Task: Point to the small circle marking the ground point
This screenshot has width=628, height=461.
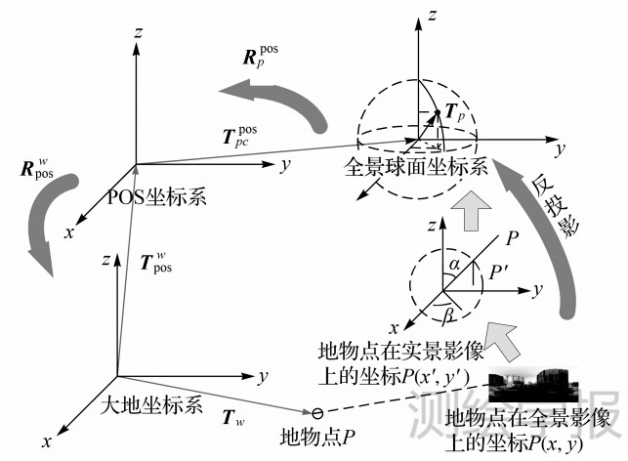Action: coord(315,413)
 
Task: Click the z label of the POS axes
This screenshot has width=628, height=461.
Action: coord(143,33)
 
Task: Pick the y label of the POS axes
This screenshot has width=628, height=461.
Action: coord(284,165)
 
